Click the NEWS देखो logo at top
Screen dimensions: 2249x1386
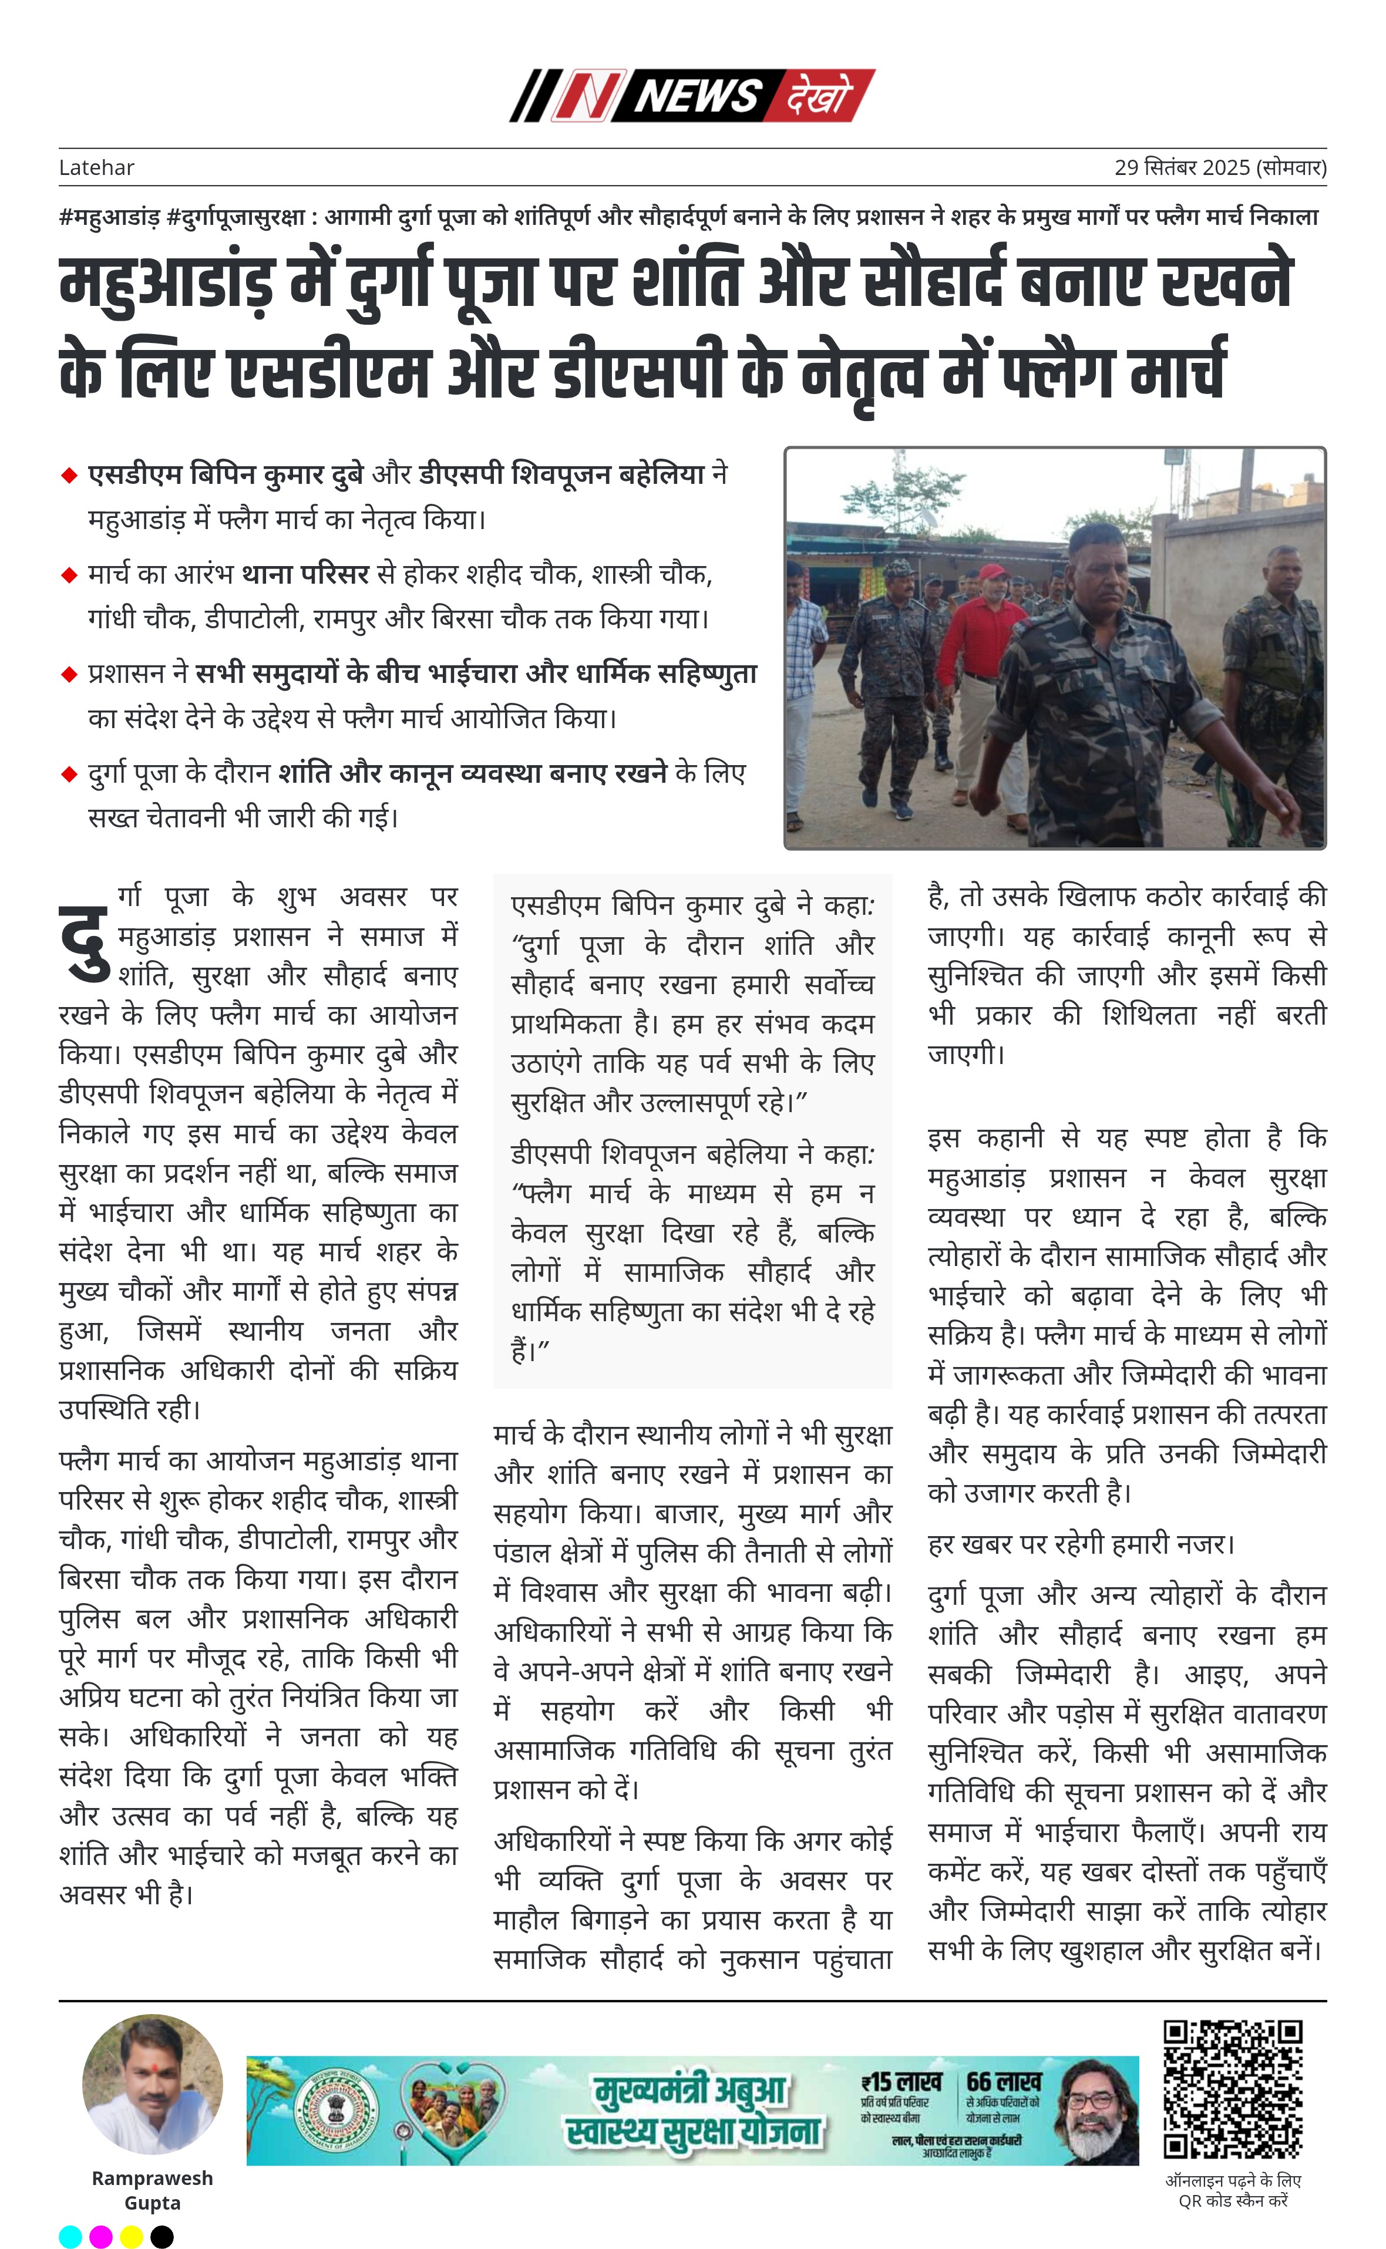(692, 95)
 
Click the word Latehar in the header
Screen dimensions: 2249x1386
(96, 168)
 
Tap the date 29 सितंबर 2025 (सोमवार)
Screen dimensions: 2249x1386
(1220, 168)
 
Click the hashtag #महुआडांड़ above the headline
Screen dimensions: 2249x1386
(109, 217)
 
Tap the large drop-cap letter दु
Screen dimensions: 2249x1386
(85, 944)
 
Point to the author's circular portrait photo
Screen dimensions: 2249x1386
(152, 2084)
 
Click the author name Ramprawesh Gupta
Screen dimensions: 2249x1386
(152, 2190)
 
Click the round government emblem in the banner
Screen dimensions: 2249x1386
(337, 2110)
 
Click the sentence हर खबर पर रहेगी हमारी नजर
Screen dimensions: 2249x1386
(1082, 1544)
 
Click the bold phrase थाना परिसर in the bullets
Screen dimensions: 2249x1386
(305, 575)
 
